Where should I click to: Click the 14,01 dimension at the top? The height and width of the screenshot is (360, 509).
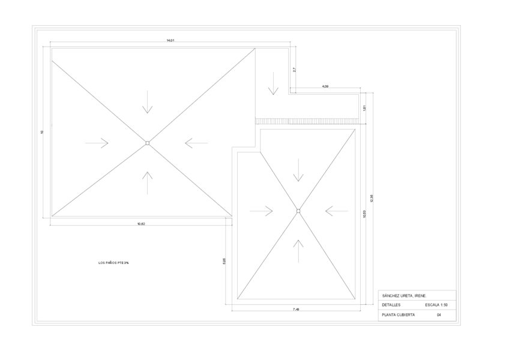point(170,40)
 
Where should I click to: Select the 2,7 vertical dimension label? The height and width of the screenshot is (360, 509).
point(294,70)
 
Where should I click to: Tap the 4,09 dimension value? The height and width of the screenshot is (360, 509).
point(325,86)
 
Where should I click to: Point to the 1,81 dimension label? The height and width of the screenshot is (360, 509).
point(364,108)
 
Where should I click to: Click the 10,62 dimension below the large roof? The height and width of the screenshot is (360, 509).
point(141,224)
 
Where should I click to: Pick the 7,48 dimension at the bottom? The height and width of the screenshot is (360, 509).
point(296,309)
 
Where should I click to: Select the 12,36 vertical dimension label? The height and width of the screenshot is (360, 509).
point(372,199)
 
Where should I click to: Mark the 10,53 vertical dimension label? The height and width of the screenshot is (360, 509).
point(364,213)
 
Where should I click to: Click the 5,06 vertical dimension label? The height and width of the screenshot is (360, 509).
point(224,262)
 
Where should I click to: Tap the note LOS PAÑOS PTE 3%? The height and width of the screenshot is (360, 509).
point(113,263)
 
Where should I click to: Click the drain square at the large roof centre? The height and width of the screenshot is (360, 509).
point(147,143)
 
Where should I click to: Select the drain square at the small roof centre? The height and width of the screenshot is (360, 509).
point(298,211)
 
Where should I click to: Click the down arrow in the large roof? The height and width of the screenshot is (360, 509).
point(147,107)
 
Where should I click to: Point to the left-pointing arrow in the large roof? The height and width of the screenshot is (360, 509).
point(196,143)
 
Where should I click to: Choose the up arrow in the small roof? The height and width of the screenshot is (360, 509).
point(298,251)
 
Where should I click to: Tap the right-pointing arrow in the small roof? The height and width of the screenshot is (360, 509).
point(261,211)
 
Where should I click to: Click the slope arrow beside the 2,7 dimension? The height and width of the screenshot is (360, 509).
point(273,84)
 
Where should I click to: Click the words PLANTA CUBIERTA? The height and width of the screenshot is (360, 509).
point(398,314)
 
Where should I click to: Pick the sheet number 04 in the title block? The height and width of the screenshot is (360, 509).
point(439,314)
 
